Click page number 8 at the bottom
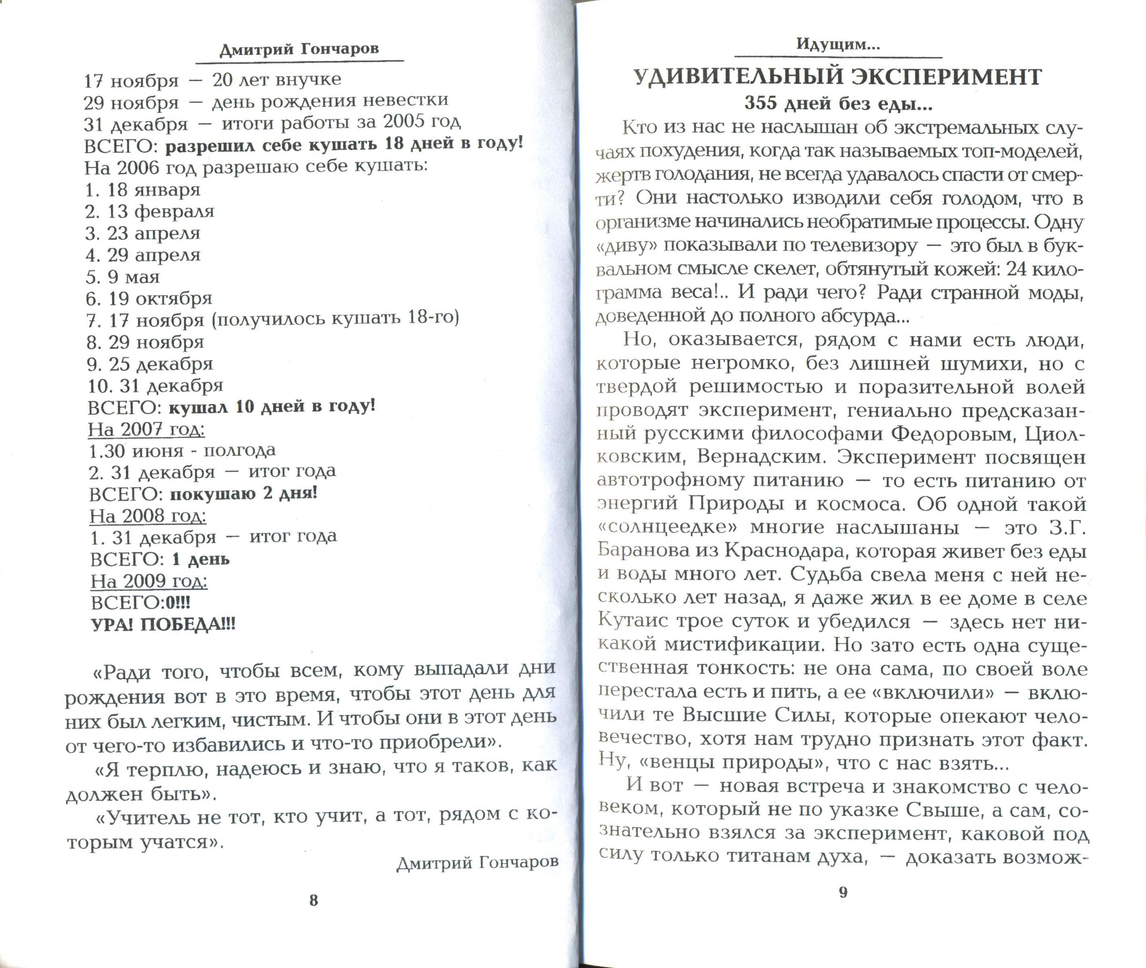coord(313,900)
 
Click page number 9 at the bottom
coord(843,892)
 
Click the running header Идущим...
coord(838,44)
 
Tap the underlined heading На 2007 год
coord(146,429)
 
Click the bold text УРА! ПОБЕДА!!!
coord(163,625)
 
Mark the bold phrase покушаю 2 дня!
coord(243,493)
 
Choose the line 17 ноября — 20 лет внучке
coord(212,80)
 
